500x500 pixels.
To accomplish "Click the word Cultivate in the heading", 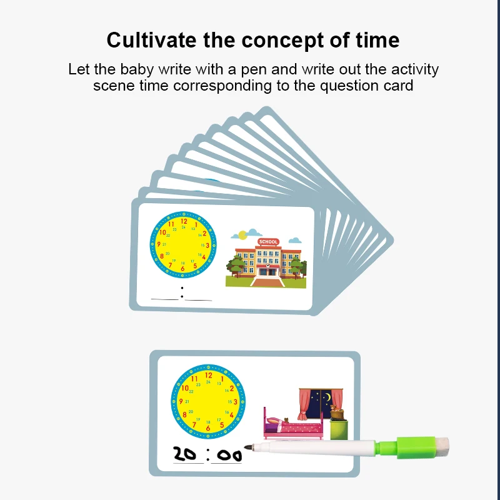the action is tap(151, 40).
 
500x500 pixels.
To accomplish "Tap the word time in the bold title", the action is tap(377, 40).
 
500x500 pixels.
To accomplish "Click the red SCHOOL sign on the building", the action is tap(268, 242).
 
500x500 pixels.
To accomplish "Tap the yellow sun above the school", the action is tap(242, 235).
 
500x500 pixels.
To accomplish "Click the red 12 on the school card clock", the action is tap(184, 221).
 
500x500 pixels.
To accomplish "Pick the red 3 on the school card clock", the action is tap(207, 245).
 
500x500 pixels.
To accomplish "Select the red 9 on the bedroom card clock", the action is tap(181, 401).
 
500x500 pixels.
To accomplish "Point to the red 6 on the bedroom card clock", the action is tap(208, 428).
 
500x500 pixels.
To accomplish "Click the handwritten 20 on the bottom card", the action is tap(184, 454).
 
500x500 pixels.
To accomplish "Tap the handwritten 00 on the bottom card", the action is tap(229, 456).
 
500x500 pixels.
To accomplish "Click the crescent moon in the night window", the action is tap(327, 397).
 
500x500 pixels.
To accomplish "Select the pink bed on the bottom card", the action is tap(293, 424).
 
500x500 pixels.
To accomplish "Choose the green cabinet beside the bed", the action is tap(339, 429).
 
